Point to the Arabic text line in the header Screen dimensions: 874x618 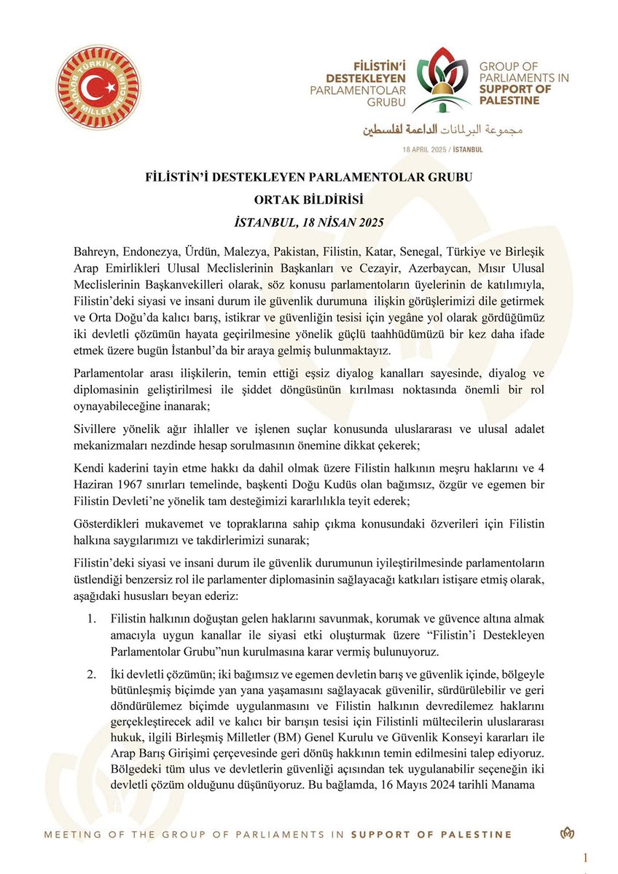pyautogui.click(x=439, y=130)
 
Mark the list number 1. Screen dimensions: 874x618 pyautogui.click(x=91, y=618)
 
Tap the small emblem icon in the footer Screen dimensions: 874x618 pyautogui.click(x=566, y=834)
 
